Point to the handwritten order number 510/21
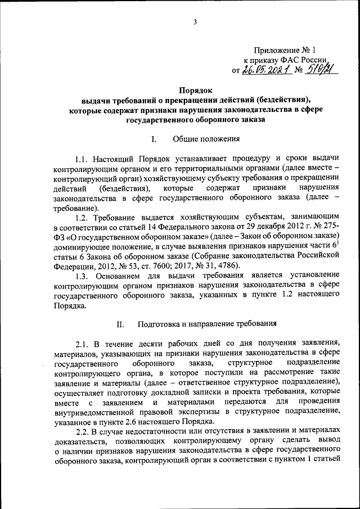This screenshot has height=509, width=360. (319, 69)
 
